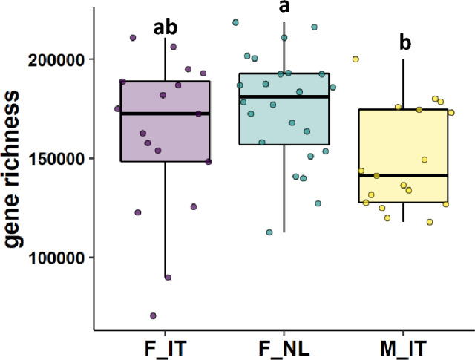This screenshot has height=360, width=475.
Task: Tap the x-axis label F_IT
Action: [x=164, y=347]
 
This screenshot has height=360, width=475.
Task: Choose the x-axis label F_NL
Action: [x=284, y=347]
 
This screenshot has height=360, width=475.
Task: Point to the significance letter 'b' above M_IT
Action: [x=405, y=42]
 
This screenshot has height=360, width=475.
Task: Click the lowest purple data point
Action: [x=153, y=315]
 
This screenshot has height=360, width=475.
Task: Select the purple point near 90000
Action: [x=168, y=277]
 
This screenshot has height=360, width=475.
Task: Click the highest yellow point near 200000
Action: [x=356, y=59]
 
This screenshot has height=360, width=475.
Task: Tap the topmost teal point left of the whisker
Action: [x=235, y=23]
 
